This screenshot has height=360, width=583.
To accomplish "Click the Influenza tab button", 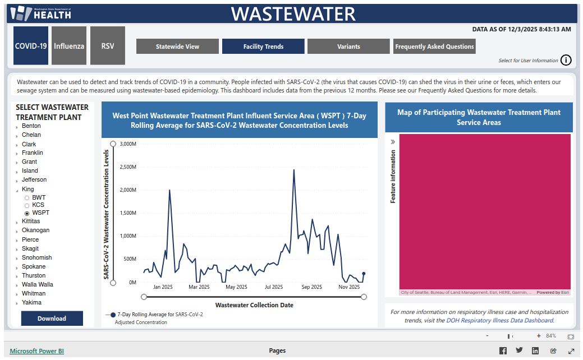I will point(69,46).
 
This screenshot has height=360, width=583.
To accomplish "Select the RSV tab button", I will point(108,46).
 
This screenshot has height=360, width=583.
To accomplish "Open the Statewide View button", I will point(177,47).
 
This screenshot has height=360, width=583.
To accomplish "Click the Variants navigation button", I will point(348,47).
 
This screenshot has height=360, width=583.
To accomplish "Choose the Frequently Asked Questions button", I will point(434,47).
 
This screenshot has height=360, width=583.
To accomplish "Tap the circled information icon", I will point(566,61).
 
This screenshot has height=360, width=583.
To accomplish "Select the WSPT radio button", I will point(27,213).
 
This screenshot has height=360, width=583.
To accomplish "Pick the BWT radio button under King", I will point(27,198).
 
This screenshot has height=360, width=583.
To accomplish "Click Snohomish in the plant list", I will point(37,257).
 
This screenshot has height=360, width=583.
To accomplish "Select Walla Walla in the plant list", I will point(38,284).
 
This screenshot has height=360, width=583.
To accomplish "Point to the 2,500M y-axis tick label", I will point(128,167).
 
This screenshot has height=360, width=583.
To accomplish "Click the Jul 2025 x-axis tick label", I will point(274,287).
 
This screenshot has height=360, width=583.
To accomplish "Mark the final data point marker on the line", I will point(364,274).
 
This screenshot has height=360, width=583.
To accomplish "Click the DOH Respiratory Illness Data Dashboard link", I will point(499,321).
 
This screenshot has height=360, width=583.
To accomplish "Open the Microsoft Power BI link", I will point(37,351).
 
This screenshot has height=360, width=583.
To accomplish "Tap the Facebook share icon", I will point(503,351).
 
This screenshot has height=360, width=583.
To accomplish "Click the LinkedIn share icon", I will point(535,351).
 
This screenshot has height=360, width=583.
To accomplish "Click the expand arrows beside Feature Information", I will point(393,142).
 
